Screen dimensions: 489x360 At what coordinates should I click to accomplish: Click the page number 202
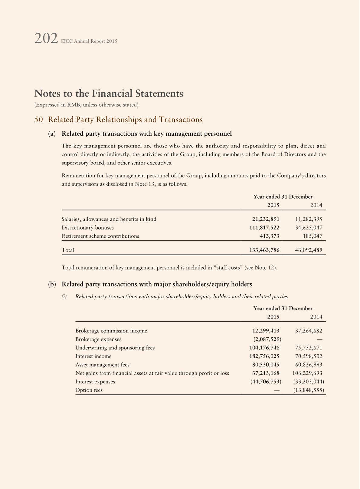pyautogui.click(x=46, y=39)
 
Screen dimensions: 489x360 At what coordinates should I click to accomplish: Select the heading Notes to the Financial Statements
pyautogui.click(x=109, y=93)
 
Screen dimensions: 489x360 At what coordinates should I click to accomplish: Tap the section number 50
pyautogui.click(x=38, y=120)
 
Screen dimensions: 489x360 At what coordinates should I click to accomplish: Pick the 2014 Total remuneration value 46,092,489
pyautogui.click(x=309, y=250)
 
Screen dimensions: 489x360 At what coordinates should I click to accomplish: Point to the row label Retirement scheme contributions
pyautogui.click(x=100, y=236)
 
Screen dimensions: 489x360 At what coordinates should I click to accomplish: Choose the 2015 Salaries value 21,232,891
pyautogui.click(x=266, y=219)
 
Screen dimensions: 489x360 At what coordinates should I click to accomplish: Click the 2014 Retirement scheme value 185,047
pyautogui.click(x=313, y=236)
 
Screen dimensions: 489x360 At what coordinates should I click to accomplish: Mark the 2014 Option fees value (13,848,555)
pyautogui.click(x=309, y=390)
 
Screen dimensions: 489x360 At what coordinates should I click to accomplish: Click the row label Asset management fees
pyautogui.click(x=102, y=365)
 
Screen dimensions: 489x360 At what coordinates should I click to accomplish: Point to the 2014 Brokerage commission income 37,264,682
pyautogui.click(x=309, y=331)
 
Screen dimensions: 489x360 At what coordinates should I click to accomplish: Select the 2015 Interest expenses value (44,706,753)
pyautogui.click(x=266, y=382)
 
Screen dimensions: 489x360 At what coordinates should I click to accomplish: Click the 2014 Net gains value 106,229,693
pyautogui.click(x=307, y=373)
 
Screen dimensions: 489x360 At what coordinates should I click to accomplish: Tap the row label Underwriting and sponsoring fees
pyautogui.click(x=115, y=348)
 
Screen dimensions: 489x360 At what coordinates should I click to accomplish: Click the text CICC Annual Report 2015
pyautogui.click(x=89, y=41)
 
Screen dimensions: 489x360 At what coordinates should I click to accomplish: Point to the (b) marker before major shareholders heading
pyautogui.click(x=52, y=284)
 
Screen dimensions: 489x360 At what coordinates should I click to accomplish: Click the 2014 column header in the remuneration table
pyautogui.click(x=316, y=205)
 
